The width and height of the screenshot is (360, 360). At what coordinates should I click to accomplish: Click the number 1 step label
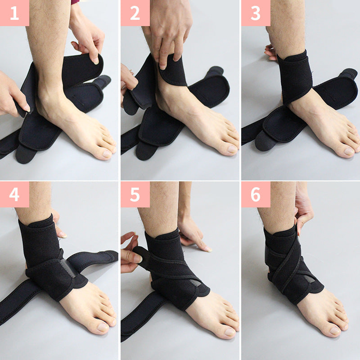[x=14, y=13]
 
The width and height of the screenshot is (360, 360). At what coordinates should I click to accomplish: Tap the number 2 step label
[x=135, y=13]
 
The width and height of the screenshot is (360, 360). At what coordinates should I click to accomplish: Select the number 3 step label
[x=256, y=13]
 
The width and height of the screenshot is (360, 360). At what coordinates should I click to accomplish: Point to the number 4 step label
[x=14, y=194]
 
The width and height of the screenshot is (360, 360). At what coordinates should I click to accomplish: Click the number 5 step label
[x=135, y=194]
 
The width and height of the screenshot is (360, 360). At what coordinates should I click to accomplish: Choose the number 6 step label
[x=256, y=194]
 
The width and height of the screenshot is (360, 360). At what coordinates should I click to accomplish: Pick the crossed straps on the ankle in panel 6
[x=288, y=265]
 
